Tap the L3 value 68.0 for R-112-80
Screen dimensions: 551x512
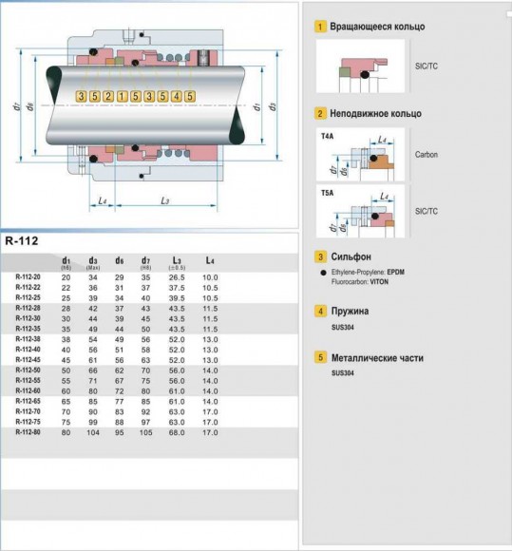click(x=177, y=432)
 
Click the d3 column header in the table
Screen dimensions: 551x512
click(x=93, y=261)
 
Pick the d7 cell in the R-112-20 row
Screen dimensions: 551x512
click(x=145, y=276)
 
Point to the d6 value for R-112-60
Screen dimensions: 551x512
click(x=119, y=390)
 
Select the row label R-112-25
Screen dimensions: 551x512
click(x=28, y=297)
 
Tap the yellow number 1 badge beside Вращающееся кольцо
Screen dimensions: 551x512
click(x=321, y=28)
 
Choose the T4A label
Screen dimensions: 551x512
click(x=328, y=136)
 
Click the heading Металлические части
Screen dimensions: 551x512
click(x=377, y=358)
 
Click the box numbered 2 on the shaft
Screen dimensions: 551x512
click(x=108, y=97)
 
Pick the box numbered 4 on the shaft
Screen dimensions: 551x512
click(x=177, y=97)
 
